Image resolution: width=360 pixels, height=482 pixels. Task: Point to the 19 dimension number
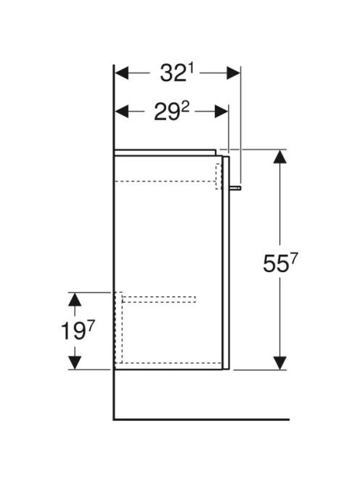[x=73, y=331]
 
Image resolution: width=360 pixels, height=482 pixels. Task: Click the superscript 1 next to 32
[x=190, y=70]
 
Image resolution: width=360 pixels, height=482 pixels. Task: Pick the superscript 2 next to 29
[x=185, y=107]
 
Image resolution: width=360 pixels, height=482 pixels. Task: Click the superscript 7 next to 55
[x=294, y=260]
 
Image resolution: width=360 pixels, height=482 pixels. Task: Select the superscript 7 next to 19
[x=90, y=326]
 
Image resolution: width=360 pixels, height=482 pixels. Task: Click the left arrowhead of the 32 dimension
[x=121, y=73]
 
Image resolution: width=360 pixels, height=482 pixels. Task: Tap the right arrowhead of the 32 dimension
[x=233, y=73]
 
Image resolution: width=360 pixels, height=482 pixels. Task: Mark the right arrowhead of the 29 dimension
[x=221, y=111]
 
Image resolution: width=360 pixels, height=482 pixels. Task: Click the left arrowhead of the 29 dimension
[x=121, y=111]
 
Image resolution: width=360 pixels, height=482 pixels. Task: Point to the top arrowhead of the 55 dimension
[x=279, y=157]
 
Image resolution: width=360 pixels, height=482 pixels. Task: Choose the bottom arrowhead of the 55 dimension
[x=279, y=363]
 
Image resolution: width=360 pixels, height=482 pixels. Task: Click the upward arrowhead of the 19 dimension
[x=75, y=299]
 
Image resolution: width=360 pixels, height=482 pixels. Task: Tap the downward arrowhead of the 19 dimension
[x=75, y=363]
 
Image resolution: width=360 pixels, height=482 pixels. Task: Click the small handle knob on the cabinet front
[x=235, y=187]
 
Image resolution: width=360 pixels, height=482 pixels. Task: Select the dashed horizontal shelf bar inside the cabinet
[x=159, y=299]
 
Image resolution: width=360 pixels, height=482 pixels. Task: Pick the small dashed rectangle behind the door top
[x=218, y=176]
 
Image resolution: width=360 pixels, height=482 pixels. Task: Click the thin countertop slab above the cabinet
[x=165, y=152]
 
